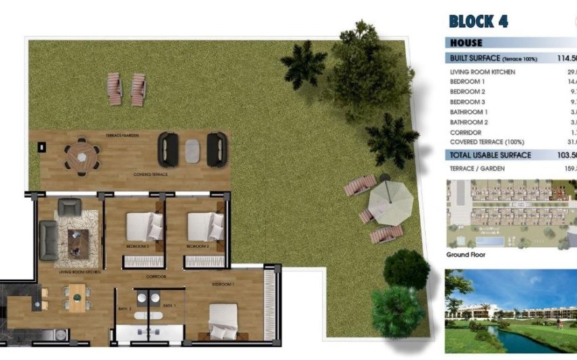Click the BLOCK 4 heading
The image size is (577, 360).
(479, 21)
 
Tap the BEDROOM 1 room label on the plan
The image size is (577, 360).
(223, 285)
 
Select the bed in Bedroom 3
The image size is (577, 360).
(145, 227)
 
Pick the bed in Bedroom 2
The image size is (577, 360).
(205, 227)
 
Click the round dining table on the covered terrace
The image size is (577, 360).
(81, 157)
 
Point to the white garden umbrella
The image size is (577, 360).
(390, 199)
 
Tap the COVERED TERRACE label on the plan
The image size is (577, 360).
(151, 175)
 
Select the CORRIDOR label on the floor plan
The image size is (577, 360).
(156, 277)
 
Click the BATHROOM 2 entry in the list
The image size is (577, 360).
(469, 122)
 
